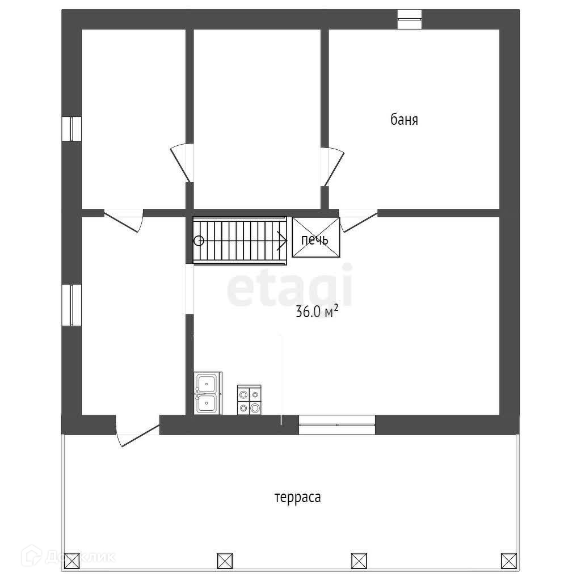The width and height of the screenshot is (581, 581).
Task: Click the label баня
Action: click(404, 120)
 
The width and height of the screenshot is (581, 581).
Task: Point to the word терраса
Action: click(298, 498)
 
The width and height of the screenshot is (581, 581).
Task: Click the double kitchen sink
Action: click(207, 393)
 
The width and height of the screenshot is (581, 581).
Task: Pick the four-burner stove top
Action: click(249, 399)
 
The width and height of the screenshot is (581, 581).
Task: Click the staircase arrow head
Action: click(282, 240)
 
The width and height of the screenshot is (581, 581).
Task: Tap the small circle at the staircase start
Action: click(199, 241)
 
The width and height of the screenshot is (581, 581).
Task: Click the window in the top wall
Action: click(409, 19)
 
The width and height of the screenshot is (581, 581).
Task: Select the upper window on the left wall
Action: click(71, 128)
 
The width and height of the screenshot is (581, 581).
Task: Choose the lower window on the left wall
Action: click(71, 305)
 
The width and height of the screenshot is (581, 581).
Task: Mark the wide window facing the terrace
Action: click(336, 424)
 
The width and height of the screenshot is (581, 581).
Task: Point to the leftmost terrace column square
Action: click(71, 561)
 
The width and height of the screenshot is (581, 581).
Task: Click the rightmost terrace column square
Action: click(508, 561)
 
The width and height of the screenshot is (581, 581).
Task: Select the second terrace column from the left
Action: click(225, 561)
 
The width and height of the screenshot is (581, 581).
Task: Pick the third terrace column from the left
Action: click(359, 561)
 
